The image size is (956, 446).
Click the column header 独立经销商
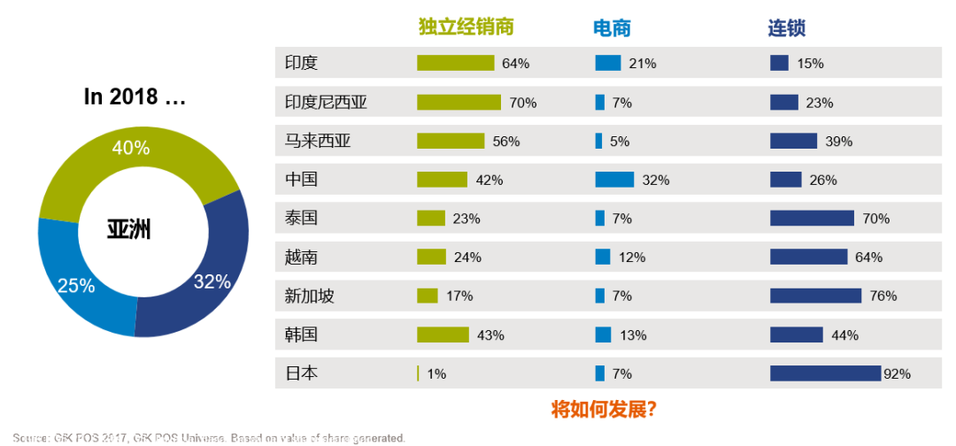[x=466, y=27]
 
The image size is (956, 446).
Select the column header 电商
[x=612, y=27]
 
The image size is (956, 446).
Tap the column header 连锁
[x=786, y=27]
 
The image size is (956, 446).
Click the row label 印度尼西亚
[x=326, y=102]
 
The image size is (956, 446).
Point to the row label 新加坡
[x=309, y=296]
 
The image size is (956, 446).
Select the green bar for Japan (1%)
[x=418, y=373]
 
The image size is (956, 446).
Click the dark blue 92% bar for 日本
[x=825, y=373]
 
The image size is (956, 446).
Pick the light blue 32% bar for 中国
[x=614, y=180]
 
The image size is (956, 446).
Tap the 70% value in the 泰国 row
[x=875, y=219]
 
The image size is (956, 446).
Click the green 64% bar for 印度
[x=455, y=63]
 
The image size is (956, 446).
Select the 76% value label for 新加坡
[x=883, y=296]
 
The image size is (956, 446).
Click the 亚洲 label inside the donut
[x=128, y=231]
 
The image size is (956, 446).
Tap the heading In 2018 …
[x=135, y=97]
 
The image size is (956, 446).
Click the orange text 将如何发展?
[x=603, y=409]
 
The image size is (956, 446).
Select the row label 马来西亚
[x=318, y=141]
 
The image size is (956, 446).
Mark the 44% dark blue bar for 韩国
[x=796, y=334]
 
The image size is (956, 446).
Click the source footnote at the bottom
[x=209, y=438]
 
